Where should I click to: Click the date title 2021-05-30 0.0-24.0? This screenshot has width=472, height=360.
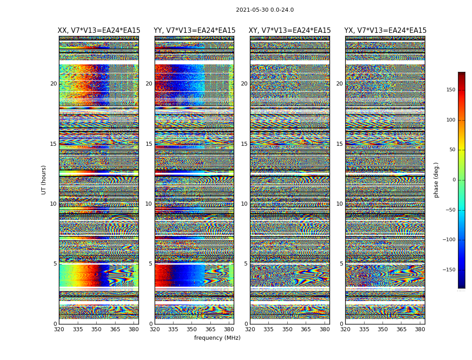click(265, 10)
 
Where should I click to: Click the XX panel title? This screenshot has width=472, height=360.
click(99, 31)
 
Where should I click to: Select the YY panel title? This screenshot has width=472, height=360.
click(194, 31)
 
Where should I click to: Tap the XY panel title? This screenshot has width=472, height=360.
click(289, 31)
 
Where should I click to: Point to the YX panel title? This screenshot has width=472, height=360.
click(385, 31)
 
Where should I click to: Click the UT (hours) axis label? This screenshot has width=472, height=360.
click(44, 180)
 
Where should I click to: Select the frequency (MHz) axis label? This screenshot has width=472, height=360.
click(217, 338)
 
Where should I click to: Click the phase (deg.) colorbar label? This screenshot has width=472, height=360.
click(436, 180)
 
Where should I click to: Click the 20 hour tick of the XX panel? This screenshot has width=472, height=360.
click(53, 84)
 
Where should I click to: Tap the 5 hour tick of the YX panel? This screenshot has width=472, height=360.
click(342, 264)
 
